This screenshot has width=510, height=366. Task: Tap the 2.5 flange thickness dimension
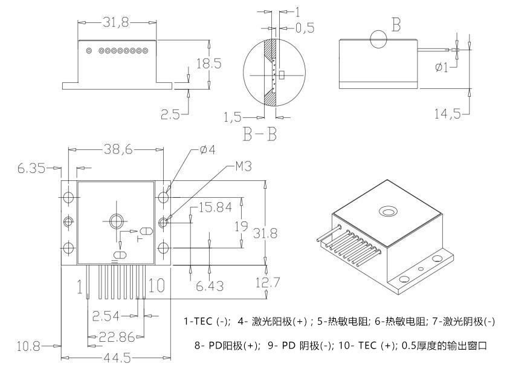170,114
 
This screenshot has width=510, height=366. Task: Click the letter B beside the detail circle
396,25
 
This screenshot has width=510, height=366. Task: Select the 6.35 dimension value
31,169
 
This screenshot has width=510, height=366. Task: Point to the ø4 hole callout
208,149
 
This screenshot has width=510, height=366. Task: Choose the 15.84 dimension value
215,208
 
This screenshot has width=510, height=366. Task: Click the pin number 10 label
155,285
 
